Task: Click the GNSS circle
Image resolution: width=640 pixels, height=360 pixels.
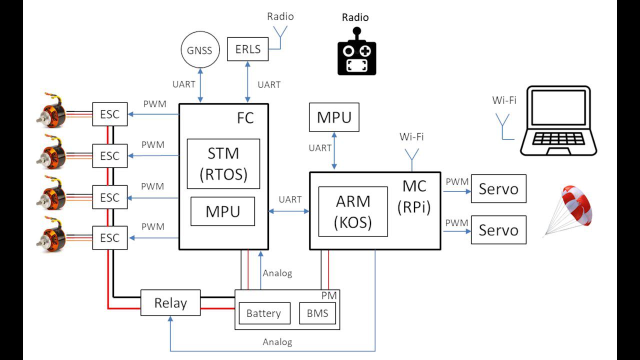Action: coord(199,50)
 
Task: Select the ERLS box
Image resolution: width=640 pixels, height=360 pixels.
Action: coord(247,49)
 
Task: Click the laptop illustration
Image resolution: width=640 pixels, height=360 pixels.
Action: coord(558,121)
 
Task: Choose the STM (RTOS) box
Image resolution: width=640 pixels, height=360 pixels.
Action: coord(223,163)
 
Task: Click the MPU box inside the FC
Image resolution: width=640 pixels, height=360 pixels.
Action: coord(222,211)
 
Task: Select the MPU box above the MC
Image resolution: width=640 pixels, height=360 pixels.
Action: coord(334,117)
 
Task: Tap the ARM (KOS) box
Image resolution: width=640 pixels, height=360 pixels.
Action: coord(353,211)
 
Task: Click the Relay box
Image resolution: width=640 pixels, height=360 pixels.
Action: coord(170,303)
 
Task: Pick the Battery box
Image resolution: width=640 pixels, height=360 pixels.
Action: coord(263,313)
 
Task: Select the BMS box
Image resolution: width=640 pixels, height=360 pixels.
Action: coord(317,313)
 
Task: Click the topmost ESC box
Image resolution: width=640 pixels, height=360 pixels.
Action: coord(110,114)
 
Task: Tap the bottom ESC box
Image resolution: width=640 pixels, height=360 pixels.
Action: coord(110,237)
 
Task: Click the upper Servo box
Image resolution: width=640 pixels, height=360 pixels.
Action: coord(498,188)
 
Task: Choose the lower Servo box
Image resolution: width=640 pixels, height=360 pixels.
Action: coord(498,230)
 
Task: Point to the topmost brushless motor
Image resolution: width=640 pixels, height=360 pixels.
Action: coord(53,108)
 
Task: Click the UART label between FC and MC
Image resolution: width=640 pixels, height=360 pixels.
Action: coord(290,199)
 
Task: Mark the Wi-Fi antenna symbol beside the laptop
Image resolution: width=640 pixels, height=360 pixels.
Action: coord(502,125)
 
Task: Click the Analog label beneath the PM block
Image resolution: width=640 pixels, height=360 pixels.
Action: coord(277,342)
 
